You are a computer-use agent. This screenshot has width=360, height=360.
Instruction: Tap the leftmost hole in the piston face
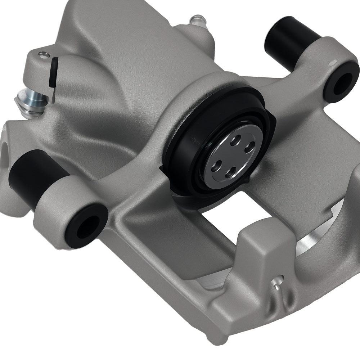pyautogui.click(x=216, y=166)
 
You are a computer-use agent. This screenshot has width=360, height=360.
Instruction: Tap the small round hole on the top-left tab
pyautogui.click(x=44, y=55)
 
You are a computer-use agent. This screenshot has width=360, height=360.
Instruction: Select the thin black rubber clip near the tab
pyautogui.click(x=53, y=72)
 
